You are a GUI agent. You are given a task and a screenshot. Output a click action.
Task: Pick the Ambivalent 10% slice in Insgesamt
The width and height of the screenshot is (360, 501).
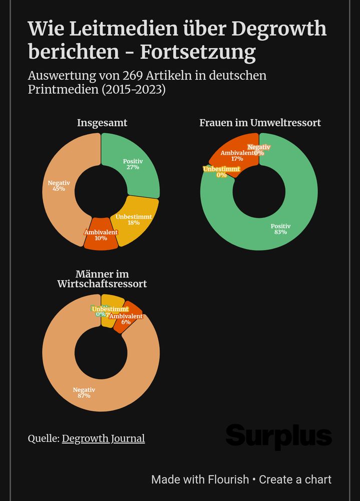pyautogui.click(x=101, y=235)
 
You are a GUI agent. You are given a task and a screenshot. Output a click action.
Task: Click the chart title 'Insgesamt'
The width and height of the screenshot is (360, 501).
pyautogui.click(x=102, y=123)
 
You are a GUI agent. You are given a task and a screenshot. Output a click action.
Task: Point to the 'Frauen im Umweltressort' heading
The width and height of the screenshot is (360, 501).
pyautogui.click(x=260, y=123)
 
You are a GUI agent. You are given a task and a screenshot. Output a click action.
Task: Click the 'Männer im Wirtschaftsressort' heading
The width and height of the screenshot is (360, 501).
pyautogui.click(x=102, y=279)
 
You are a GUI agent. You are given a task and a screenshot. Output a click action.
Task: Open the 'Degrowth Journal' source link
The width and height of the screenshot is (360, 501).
pyautogui.click(x=103, y=438)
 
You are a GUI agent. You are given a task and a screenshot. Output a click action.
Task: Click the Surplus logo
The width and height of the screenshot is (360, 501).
pyautogui.click(x=278, y=436)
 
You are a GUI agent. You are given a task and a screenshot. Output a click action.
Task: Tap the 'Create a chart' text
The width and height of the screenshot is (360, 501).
pyautogui.click(x=295, y=479)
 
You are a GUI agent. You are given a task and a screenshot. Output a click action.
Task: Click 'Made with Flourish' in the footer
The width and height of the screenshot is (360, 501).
pyautogui.click(x=200, y=479)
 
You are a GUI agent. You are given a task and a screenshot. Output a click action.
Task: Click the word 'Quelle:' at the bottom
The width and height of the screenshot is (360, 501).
pyautogui.click(x=43, y=438)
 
